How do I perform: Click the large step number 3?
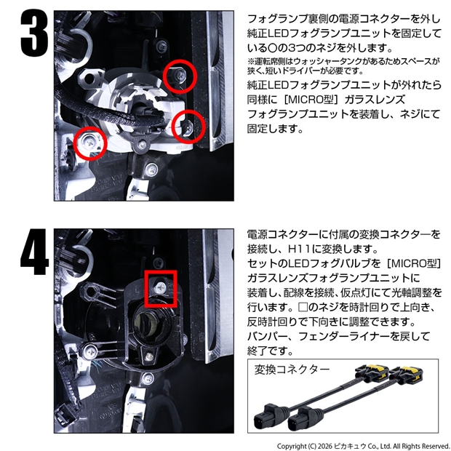[35, 33]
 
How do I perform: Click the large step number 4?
[34, 252]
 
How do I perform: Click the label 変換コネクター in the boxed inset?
[292, 370]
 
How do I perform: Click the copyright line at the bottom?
[363, 446]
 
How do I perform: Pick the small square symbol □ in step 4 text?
[303, 307]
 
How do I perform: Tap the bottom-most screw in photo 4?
[148, 378]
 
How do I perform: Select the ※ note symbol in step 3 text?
[251, 62]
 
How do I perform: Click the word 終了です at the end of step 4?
[270, 351]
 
